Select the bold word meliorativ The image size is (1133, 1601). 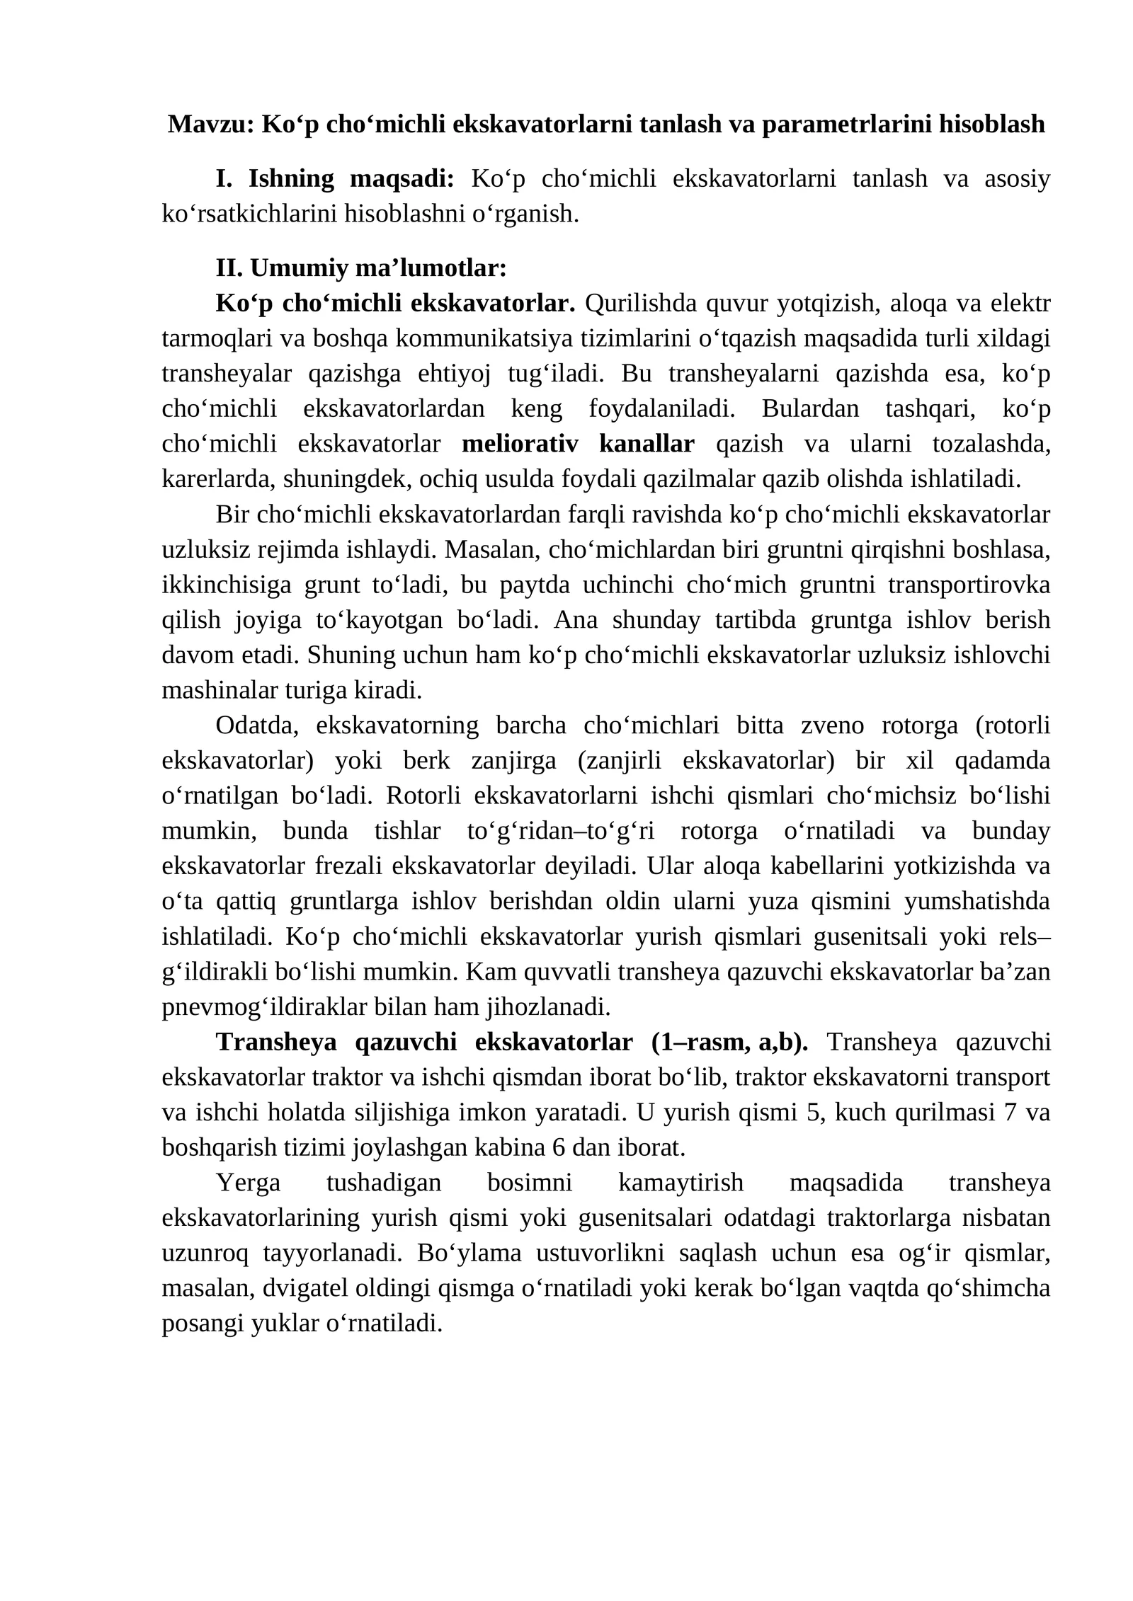pos(520,444)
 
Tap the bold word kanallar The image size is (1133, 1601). pos(647,444)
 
